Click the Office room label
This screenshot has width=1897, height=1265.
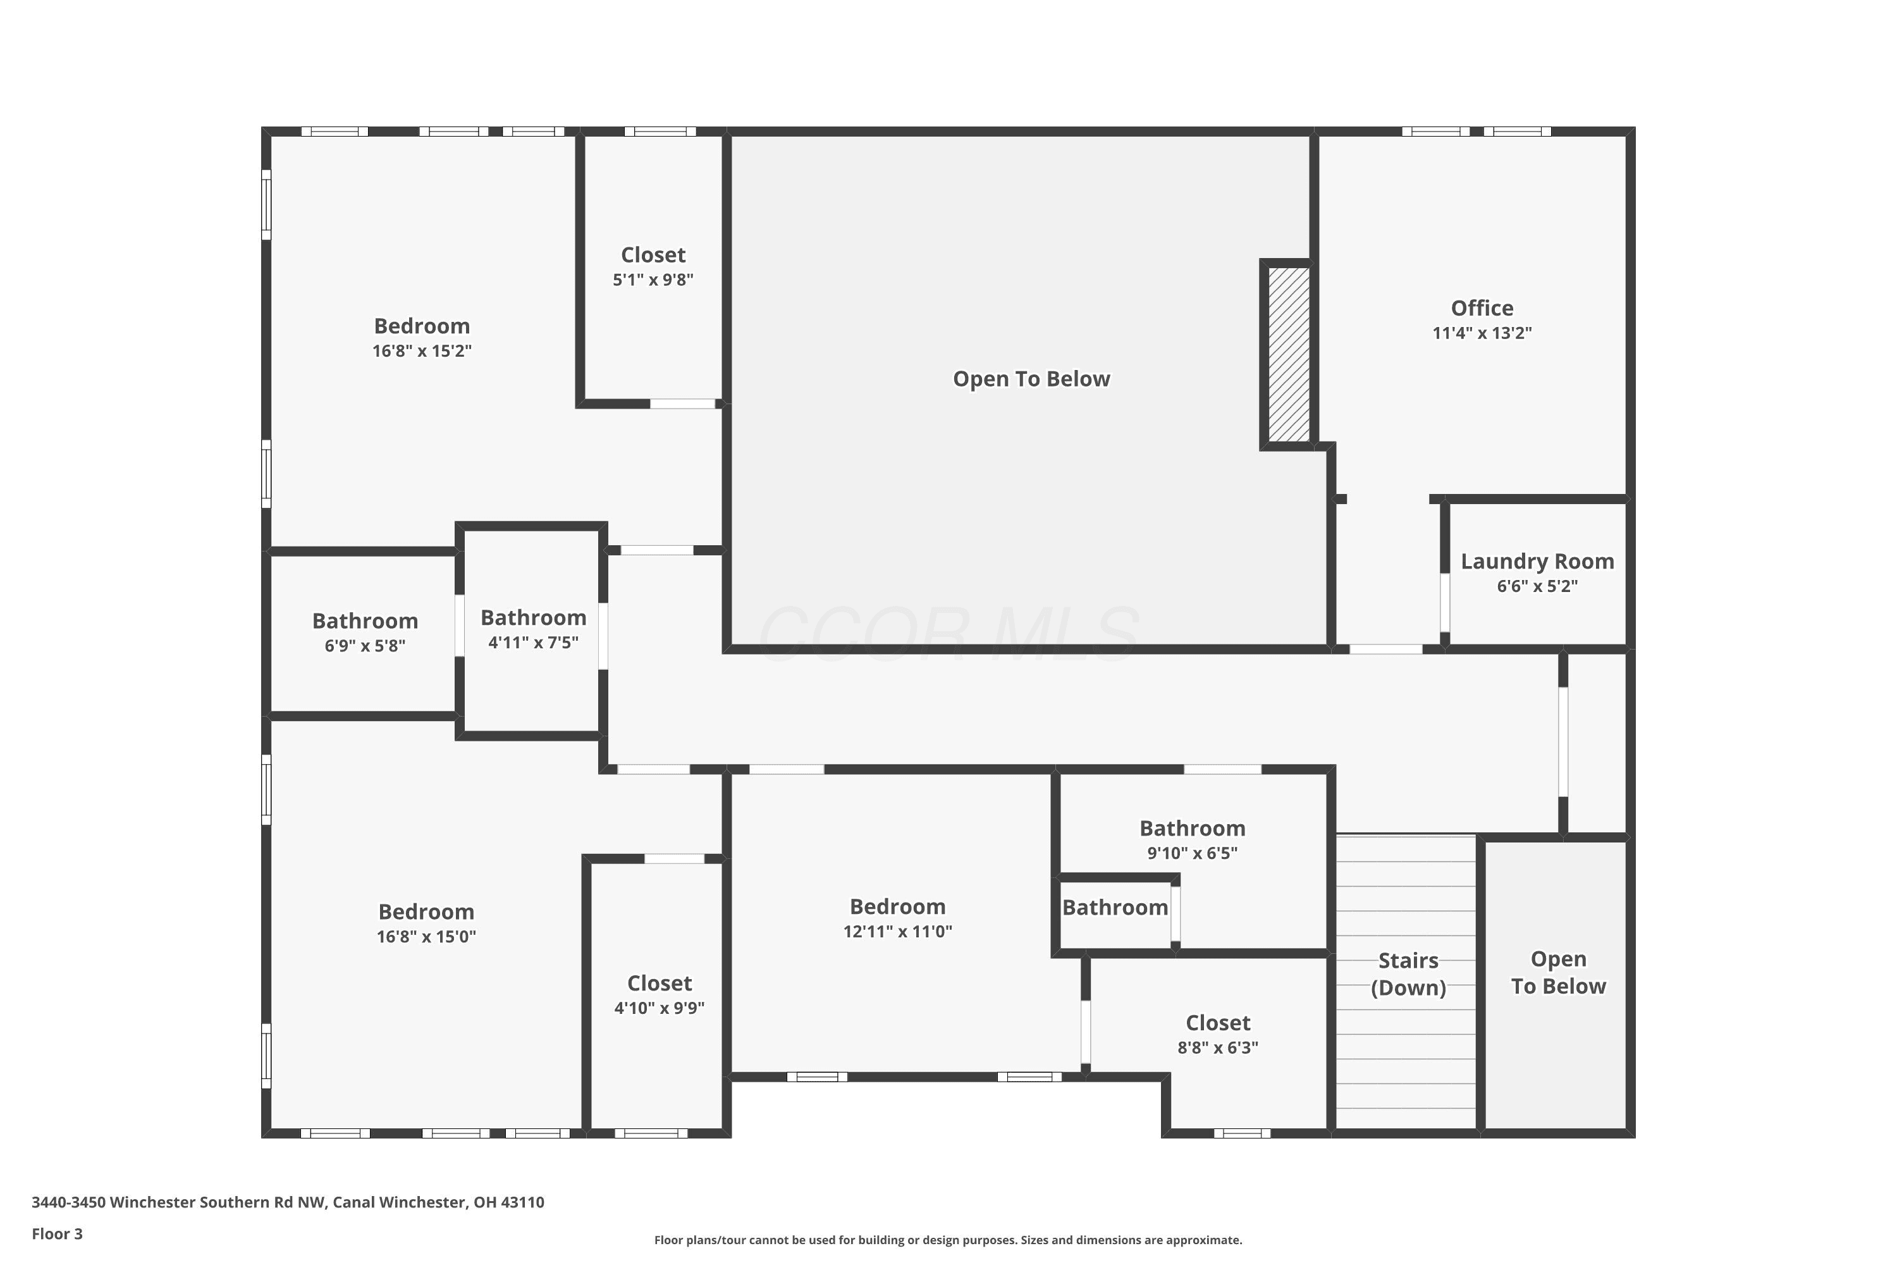(x=1482, y=308)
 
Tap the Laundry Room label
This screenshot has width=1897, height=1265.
(x=1537, y=562)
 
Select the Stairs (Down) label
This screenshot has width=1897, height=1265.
(x=1408, y=974)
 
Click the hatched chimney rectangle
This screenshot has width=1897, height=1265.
(x=1288, y=355)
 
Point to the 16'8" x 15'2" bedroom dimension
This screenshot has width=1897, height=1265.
(x=422, y=351)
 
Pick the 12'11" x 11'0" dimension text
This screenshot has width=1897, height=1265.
(x=898, y=932)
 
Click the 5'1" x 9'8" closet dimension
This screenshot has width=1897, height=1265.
(x=653, y=280)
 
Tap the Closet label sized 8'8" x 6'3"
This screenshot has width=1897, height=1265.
(x=1218, y=1023)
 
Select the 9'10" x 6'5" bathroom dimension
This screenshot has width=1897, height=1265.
(x=1192, y=853)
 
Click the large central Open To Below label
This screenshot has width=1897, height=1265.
(x=1031, y=379)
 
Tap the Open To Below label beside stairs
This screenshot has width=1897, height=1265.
(x=1558, y=973)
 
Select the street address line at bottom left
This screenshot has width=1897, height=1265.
(x=288, y=1202)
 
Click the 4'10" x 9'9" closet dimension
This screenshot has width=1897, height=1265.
(x=660, y=1008)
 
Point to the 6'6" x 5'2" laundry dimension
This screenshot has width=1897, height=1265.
(x=1537, y=586)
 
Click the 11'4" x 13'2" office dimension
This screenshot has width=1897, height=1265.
(x=1482, y=333)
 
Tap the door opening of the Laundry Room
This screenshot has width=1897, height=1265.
(x=1444, y=603)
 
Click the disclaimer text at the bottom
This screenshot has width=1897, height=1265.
(x=948, y=1240)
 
